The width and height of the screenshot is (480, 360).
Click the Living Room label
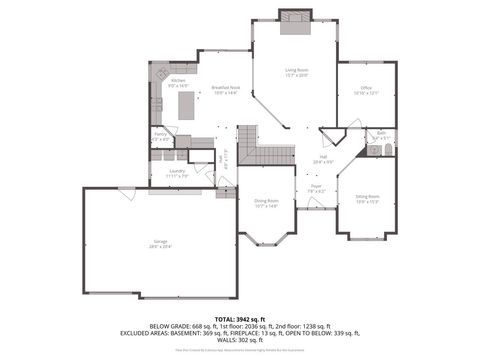pos(296,70)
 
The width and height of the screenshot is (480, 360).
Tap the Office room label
pos(365,88)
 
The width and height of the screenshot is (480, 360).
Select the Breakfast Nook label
pos(225,88)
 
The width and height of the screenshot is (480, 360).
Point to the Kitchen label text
pos(178,81)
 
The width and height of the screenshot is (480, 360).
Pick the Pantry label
pos(159,133)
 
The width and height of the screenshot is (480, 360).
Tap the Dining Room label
pos(265,202)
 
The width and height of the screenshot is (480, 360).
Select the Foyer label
pos(315,187)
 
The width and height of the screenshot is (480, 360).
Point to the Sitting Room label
pos(367,198)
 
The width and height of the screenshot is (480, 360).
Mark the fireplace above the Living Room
pos(295,17)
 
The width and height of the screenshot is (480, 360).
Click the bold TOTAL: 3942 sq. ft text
pos(239,317)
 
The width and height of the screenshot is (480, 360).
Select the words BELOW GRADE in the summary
pos(169,325)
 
